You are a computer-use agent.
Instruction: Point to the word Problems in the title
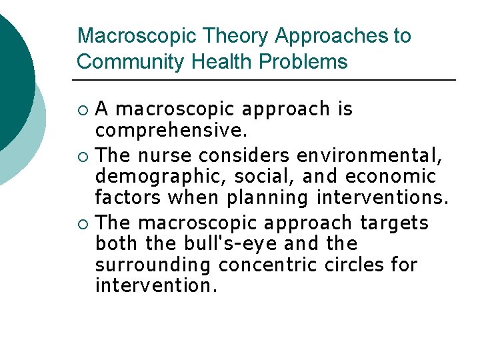pos(303,62)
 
